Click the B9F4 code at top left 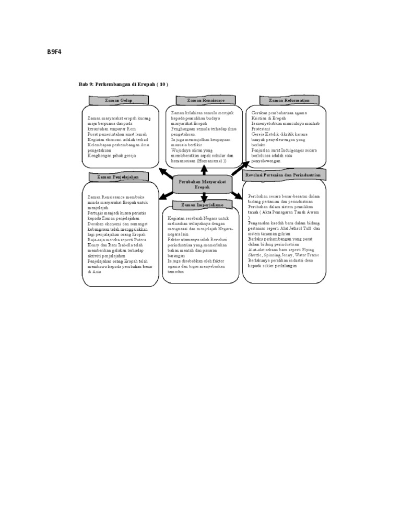pyautogui.click(x=54, y=53)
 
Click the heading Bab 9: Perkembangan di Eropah pyautogui.click(x=123, y=85)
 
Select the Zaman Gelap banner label pyautogui.click(x=119, y=100)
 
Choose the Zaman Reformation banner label pyautogui.click(x=289, y=100)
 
